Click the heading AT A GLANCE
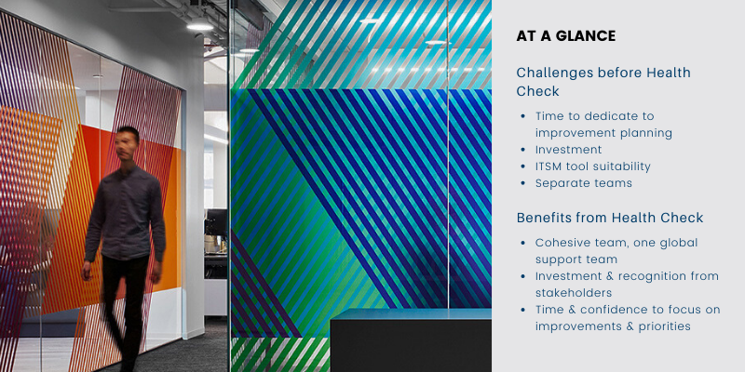pyautogui.click(x=566, y=36)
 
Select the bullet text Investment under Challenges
pyautogui.click(x=569, y=150)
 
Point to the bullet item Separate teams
pyautogui.click(x=584, y=183)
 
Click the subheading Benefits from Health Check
pyautogui.click(x=610, y=218)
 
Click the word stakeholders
pyautogui.click(x=574, y=293)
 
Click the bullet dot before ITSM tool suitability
pyautogui.click(x=523, y=166)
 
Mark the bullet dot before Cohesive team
pyautogui.click(x=523, y=243)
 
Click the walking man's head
pyautogui.click(x=127, y=143)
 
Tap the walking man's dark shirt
pyautogui.click(x=125, y=213)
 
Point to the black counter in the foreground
pyautogui.click(x=411, y=340)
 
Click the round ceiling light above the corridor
pyautogui.click(x=200, y=25)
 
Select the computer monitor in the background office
pyautogui.click(x=217, y=222)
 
